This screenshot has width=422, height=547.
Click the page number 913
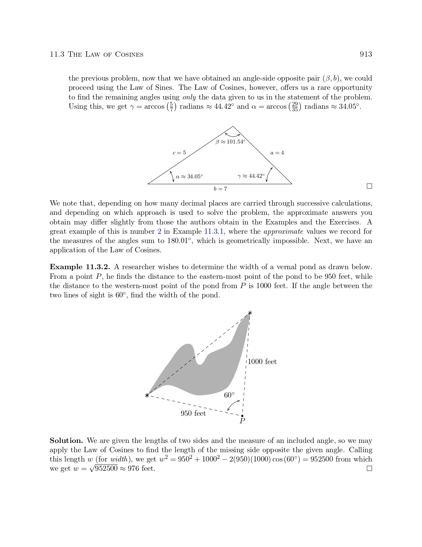tap(366, 54)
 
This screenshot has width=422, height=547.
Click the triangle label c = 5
tap(179, 153)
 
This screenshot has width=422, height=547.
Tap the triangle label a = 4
tap(277, 153)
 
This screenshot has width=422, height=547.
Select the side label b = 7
tap(220, 189)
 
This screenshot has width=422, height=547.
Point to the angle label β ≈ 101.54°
tap(230, 142)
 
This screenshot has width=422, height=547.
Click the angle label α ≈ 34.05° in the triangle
tap(189, 176)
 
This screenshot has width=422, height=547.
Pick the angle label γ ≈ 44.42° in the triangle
tap(251, 176)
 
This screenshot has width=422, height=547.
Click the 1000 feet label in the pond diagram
tap(262, 362)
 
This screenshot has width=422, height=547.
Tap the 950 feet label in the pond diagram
tap(193, 413)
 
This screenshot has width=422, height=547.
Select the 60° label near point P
tap(229, 395)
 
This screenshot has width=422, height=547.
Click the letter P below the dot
tap(242, 421)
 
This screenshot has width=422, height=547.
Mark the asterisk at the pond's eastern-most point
tap(250, 313)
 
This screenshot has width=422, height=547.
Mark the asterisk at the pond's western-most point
tap(147, 395)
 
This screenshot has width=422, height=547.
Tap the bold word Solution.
tap(66, 441)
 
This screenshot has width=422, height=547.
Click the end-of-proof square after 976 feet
tap(369, 468)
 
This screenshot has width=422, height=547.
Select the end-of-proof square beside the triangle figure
tap(369, 186)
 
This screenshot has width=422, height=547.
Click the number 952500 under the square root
tap(106, 469)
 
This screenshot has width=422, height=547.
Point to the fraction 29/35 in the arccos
tap(295, 107)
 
